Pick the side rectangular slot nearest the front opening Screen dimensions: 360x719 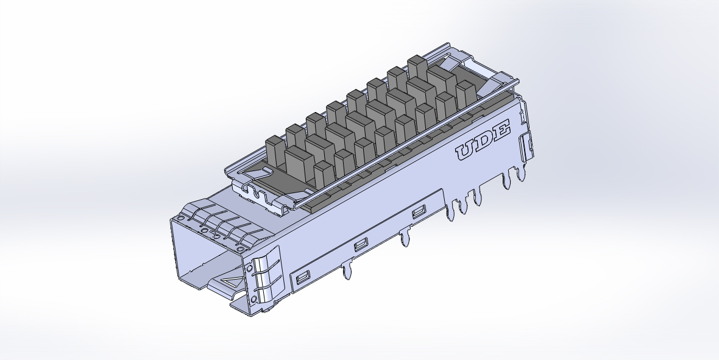click(x=303, y=279)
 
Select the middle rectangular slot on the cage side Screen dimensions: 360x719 click(x=359, y=245)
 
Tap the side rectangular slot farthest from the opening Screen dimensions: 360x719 click(x=418, y=212)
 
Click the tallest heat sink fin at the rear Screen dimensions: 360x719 click(x=417, y=67)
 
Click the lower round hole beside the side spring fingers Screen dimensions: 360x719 click(x=250, y=298)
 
